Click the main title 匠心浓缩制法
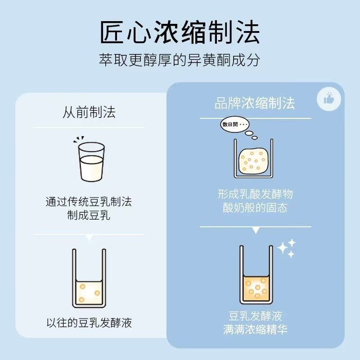point(180,32)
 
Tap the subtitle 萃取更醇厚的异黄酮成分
point(180,60)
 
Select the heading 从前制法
point(89,112)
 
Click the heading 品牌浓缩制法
point(255,103)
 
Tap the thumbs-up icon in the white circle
point(329,99)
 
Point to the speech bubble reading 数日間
point(234,125)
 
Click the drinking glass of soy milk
point(91,162)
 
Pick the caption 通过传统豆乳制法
point(89,202)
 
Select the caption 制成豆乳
point(89,215)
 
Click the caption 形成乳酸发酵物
point(255,194)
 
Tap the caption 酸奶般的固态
point(255,207)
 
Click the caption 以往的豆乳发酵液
point(89,323)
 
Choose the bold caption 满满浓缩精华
point(255,329)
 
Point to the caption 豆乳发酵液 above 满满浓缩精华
point(255,316)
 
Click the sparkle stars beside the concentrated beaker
point(286,248)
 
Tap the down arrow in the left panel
point(89,238)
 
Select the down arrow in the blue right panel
point(256,230)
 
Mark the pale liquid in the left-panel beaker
point(89,293)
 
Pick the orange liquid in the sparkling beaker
point(256,288)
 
